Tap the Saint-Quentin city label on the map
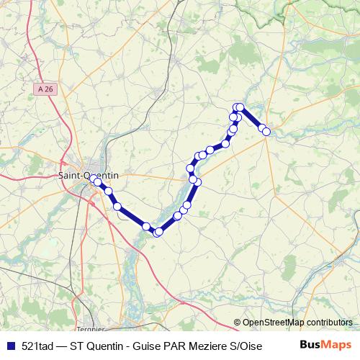[x=89, y=174]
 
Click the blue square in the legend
[x=9, y=344]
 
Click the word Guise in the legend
[x=148, y=344]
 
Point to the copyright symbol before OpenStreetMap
[x=238, y=323]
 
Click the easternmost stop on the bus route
[x=266, y=131]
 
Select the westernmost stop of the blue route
[x=97, y=182]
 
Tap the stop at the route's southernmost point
[x=158, y=232]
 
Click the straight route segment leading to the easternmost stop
[x=253, y=120]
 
